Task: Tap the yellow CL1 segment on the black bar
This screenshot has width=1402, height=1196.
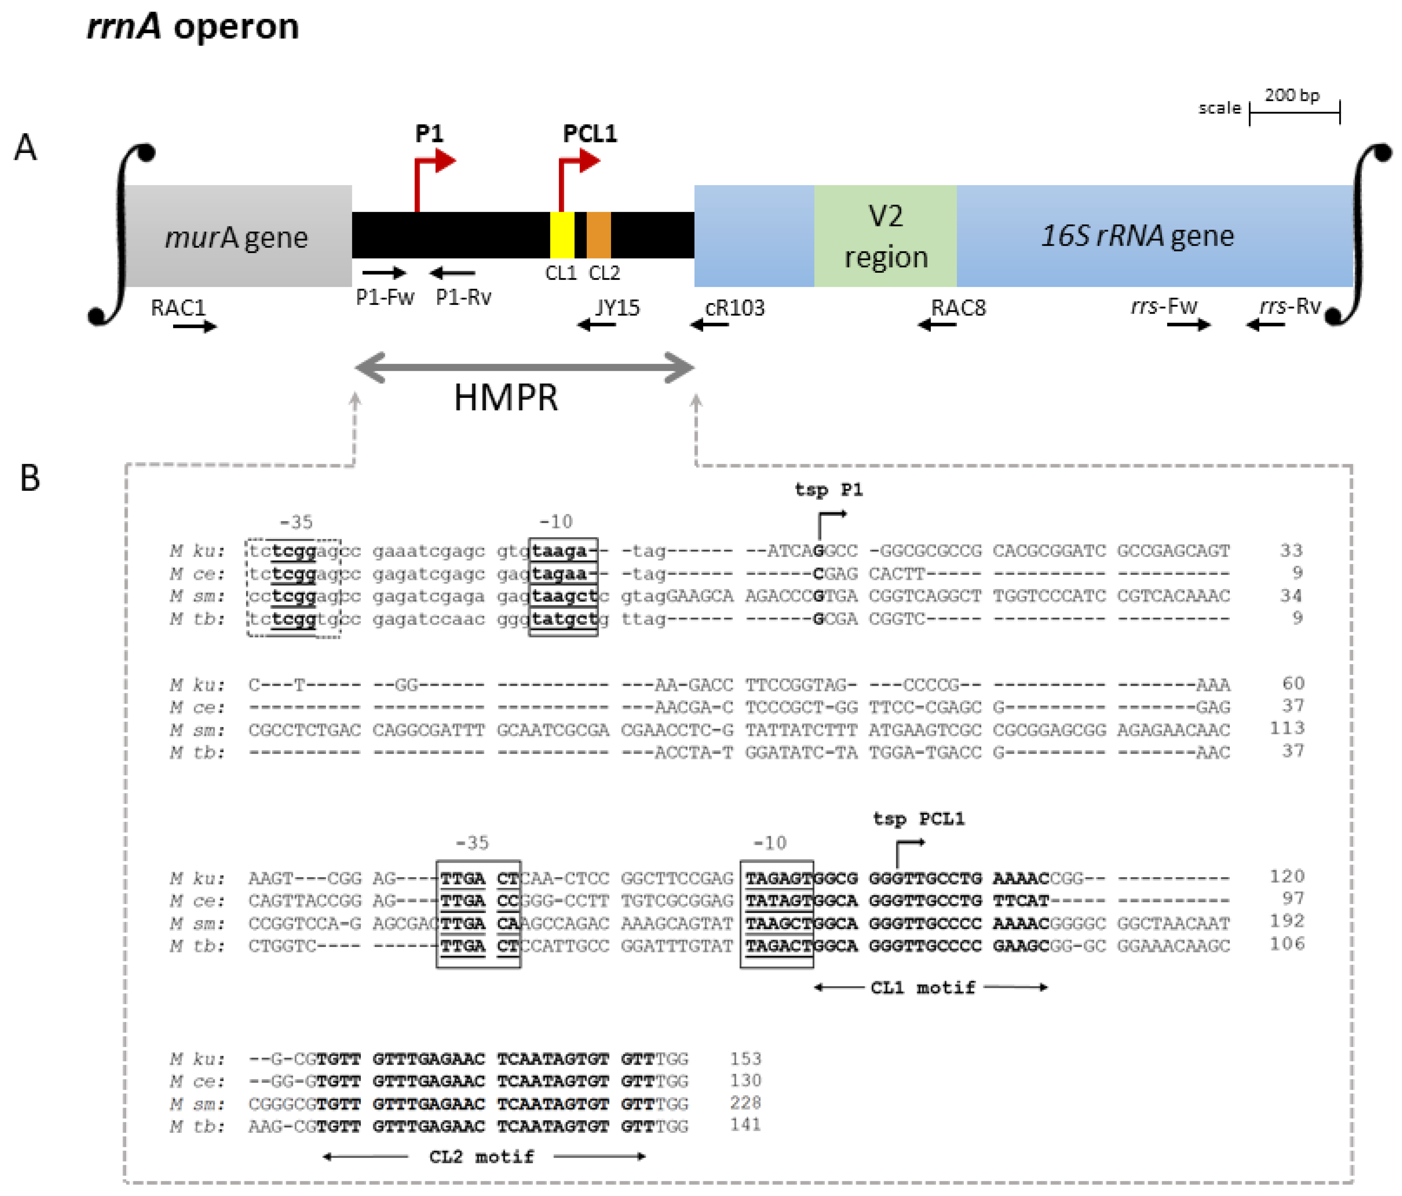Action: [x=562, y=235]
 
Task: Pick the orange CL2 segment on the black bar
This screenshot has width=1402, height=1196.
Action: [x=598, y=235]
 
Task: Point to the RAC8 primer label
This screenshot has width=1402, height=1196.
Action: [x=958, y=308]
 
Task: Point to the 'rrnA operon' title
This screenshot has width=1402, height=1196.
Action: [x=193, y=27]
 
